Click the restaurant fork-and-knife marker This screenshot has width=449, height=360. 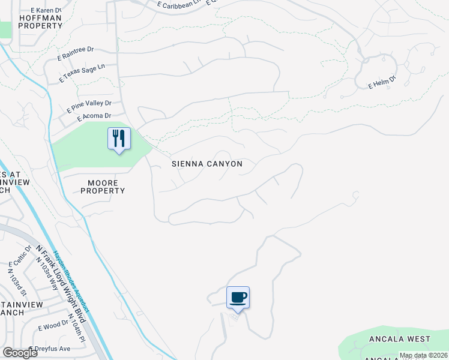point(119,139)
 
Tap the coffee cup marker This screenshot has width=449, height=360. point(238,297)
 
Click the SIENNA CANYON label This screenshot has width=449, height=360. point(207,164)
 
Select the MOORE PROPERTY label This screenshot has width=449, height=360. point(103,187)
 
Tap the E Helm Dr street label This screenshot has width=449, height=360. point(382,82)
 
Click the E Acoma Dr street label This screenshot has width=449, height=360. point(91,116)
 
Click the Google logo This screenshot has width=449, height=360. point(20,353)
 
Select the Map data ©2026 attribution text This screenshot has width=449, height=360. point(423,355)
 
